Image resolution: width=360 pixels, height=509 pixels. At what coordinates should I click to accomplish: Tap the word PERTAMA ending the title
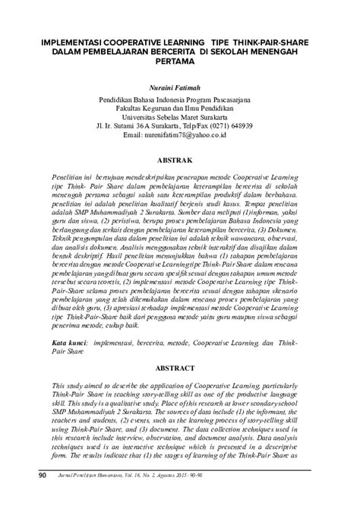179,62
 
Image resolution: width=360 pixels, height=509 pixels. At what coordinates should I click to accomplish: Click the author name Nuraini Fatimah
179,87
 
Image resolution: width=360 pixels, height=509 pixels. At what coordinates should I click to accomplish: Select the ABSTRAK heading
179,161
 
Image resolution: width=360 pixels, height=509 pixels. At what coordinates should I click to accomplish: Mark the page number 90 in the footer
43,496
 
